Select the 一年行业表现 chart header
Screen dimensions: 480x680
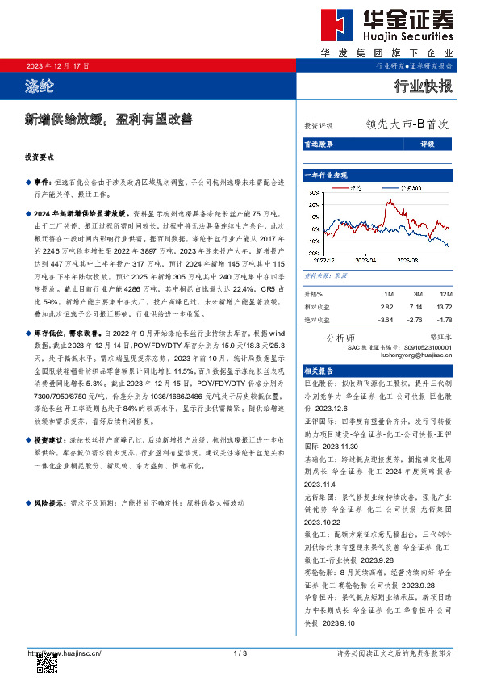326,174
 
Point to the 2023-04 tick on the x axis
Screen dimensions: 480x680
367,261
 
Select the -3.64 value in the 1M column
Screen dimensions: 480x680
385,320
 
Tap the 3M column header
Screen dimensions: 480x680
414,295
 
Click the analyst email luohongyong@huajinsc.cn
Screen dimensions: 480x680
419,355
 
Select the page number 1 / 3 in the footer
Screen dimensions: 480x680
239,653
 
